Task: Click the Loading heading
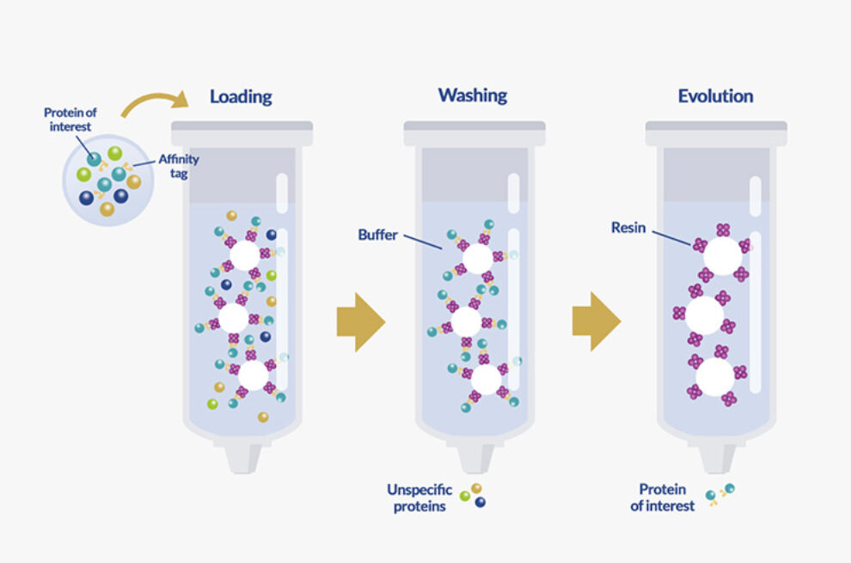click(241, 96)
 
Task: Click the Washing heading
click(473, 95)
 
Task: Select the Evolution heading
click(715, 96)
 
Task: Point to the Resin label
click(628, 228)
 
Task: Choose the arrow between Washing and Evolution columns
click(596, 322)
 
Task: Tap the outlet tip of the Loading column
click(242, 456)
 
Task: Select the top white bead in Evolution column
click(723, 255)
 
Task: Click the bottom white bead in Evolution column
click(715, 376)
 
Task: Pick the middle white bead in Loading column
click(234, 319)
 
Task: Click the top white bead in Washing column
click(477, 258)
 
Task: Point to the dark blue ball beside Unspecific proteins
click(480, 503)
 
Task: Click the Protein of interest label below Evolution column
click(662, 498)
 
